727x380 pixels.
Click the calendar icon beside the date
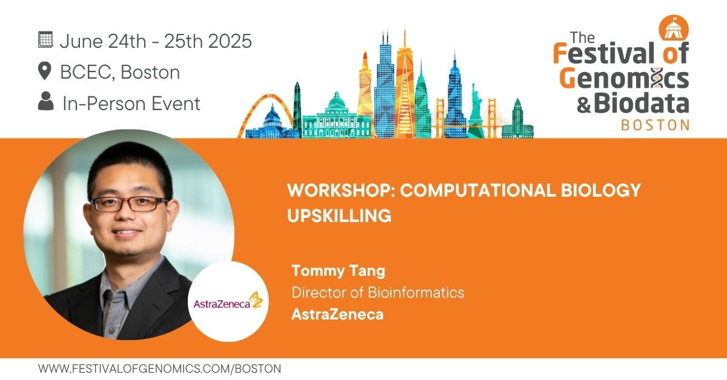(45, 40)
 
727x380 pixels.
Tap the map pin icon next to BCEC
(44, 71)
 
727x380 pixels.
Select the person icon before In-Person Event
(46, 101)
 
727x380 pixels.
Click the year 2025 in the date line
(230, 41)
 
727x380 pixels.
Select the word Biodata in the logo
(642, 103)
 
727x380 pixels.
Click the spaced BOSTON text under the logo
(656, 125)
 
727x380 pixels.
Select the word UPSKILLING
(339, 215)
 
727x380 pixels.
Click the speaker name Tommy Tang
(338, 270)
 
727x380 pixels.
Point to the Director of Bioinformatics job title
(378, 292)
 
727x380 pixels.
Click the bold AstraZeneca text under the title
(337, 314)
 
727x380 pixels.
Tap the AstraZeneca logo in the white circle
(228, 301)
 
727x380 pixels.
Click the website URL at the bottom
(159, 369)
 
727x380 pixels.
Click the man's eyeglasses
(130, 204)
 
